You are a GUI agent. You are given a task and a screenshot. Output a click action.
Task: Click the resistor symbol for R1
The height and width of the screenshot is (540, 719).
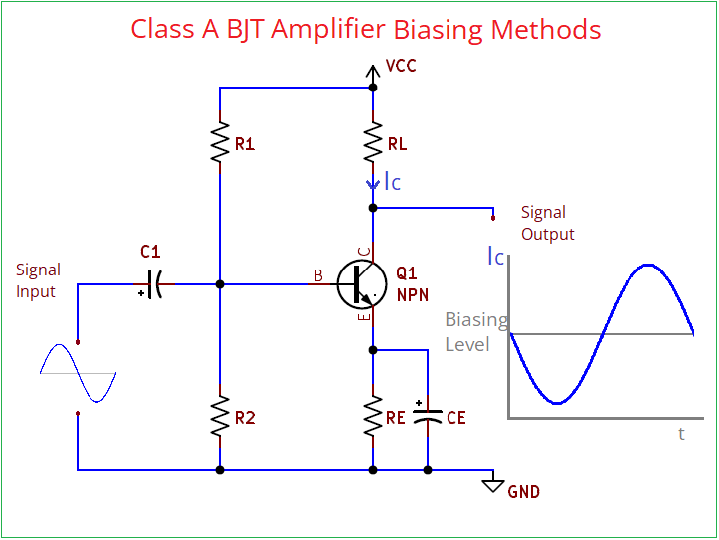click(219, 144)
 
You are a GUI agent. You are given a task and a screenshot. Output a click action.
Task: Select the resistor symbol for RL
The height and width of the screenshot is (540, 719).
click(373, 144)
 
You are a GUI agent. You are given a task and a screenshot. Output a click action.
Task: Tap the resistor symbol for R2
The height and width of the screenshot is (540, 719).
click(219, 418)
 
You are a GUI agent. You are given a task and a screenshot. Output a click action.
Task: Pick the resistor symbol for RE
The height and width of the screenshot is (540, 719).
click(373, 418)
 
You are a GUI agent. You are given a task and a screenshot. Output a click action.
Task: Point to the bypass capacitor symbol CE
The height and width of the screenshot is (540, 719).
click(428, 418)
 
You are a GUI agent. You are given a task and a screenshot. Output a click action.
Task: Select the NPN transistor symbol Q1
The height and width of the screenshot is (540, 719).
click(360, 284)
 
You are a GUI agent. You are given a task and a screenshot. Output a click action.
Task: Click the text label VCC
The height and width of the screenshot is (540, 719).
click(401, 66)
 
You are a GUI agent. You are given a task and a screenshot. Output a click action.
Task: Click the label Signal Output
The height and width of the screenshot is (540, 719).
click(547, 223)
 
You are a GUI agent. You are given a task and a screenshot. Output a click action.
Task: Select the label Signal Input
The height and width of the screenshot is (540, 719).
click(38, 280)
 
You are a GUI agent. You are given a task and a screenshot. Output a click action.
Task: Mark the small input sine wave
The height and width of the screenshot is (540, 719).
click(78, 373)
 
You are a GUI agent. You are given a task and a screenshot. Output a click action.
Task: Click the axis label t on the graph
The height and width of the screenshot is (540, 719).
click(681, 433)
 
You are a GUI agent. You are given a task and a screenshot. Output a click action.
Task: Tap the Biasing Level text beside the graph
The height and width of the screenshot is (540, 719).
click(473, 332)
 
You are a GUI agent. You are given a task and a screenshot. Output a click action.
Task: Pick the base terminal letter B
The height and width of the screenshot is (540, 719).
click(318, 276)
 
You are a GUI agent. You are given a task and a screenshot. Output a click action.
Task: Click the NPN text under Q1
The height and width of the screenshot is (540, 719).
click(412, 295)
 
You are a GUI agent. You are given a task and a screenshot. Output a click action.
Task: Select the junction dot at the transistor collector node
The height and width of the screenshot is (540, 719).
click(373, 208)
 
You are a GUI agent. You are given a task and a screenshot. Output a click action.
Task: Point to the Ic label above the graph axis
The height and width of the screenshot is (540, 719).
click(495, 256)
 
